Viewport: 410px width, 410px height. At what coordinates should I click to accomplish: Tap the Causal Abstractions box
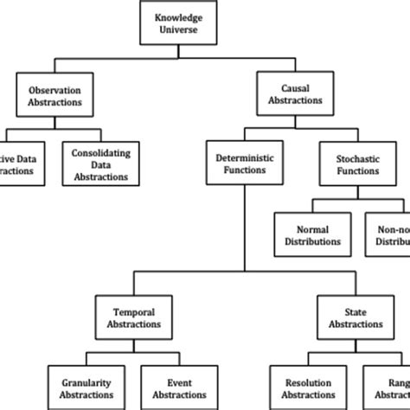tap(296, 94)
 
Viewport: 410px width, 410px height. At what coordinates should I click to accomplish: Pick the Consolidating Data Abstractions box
tap(99, 164)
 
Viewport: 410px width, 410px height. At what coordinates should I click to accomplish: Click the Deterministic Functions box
tap(246, 164)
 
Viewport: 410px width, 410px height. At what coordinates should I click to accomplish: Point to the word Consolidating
tap(99, 152)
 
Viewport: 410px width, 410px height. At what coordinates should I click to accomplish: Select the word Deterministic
tap(246, 158)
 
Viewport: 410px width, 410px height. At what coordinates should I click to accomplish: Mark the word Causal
tap(296, 88)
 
